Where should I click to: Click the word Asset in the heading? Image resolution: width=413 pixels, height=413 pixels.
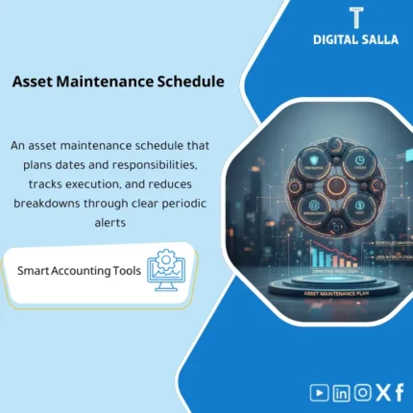[x=35, y=82]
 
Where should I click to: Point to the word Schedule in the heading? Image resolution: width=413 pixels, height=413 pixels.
[x=192, y=82]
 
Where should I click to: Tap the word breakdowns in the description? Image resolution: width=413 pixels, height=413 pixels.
[x=55, y=205]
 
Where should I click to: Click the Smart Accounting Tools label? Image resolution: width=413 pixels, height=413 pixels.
[x=79, y=271]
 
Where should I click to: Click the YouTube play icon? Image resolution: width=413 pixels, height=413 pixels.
[x=320, y=392]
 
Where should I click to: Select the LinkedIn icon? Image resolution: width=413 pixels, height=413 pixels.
[x=341, y=392]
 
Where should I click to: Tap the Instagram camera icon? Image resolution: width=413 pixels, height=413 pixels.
[x=362, y=392]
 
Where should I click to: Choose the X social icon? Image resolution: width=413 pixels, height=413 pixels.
[x=382, y=392]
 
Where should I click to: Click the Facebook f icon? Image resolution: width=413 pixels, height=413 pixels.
[x=399, y=392]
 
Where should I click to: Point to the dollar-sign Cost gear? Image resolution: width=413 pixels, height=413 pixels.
[x=358, y=204]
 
